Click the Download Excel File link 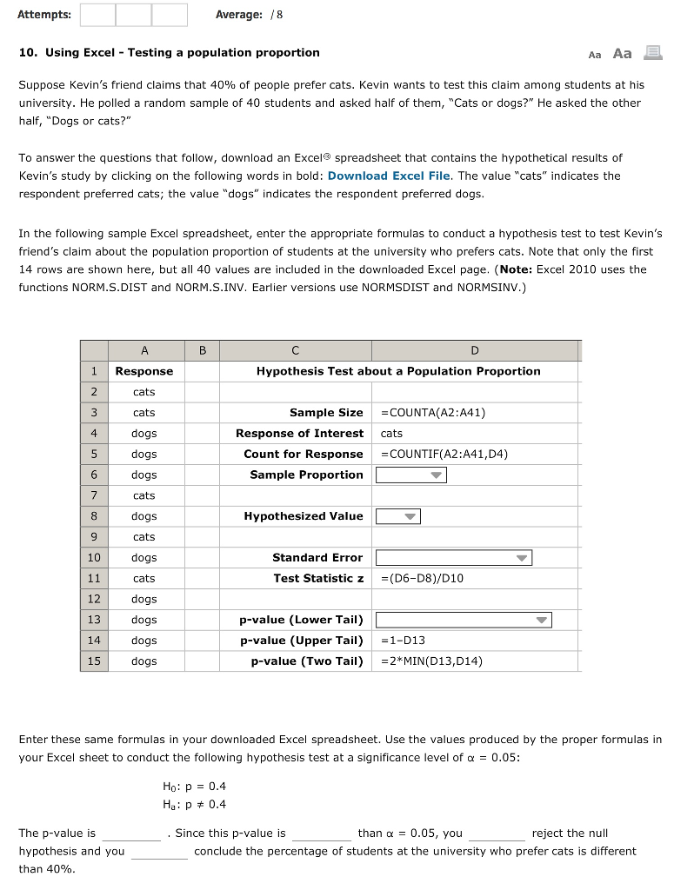389,176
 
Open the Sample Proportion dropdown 410,475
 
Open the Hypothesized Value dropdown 397,516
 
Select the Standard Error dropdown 453,558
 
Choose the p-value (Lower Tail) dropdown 464,621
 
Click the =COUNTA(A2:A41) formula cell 433,413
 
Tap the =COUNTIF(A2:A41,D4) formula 444,454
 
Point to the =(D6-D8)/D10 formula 423,578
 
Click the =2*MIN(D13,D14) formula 431,661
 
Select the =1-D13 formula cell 404,641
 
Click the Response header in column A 144,371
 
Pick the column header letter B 203,351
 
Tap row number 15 93,661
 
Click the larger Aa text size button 622,53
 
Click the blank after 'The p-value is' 131,834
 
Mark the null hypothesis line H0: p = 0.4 194,786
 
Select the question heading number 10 27,53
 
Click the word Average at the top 238,15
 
